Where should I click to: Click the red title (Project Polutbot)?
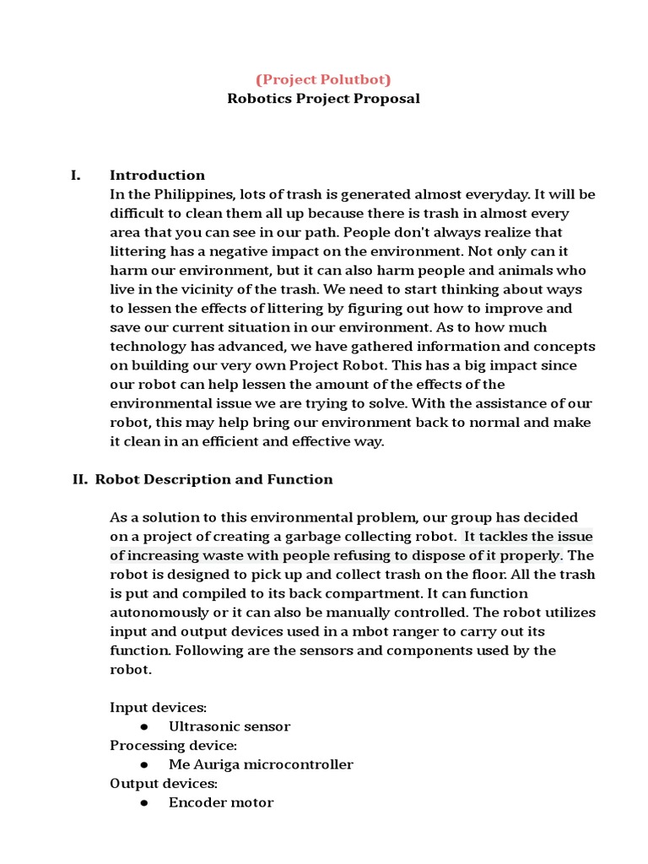pos(323,79)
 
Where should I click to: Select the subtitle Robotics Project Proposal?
pos(323,98)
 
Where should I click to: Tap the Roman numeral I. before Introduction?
pos(76,175)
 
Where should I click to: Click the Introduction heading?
pos(157,175)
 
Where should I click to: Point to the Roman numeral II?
pos(80,479)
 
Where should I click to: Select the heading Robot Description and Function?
pos(213,479)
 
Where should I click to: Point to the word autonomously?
pos(157,613)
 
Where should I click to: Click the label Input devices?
pos(158,707)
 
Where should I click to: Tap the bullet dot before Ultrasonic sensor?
pos(143,726)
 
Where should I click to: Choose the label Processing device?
pos(173,746)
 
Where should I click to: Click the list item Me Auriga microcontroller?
pos(261,764)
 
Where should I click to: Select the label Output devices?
pos(164,784)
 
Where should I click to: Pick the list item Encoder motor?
pos(221,802)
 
